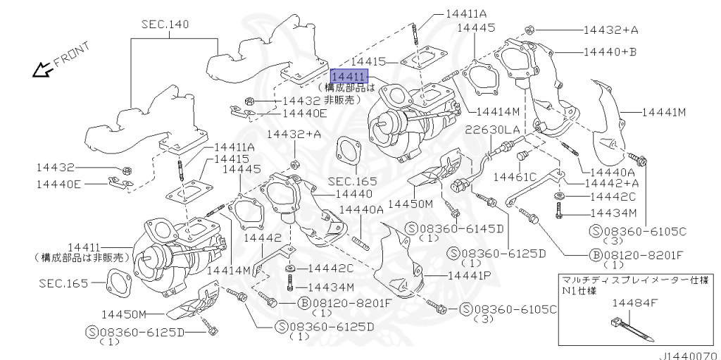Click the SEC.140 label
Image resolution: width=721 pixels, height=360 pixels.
coord(165,25)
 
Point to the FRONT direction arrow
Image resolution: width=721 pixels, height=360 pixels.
coord(44,68)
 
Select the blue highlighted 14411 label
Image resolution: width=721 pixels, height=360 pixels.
coord(347,77)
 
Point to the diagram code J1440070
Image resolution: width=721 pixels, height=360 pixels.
coord(688,356)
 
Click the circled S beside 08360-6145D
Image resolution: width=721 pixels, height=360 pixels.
coord(413,229)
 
